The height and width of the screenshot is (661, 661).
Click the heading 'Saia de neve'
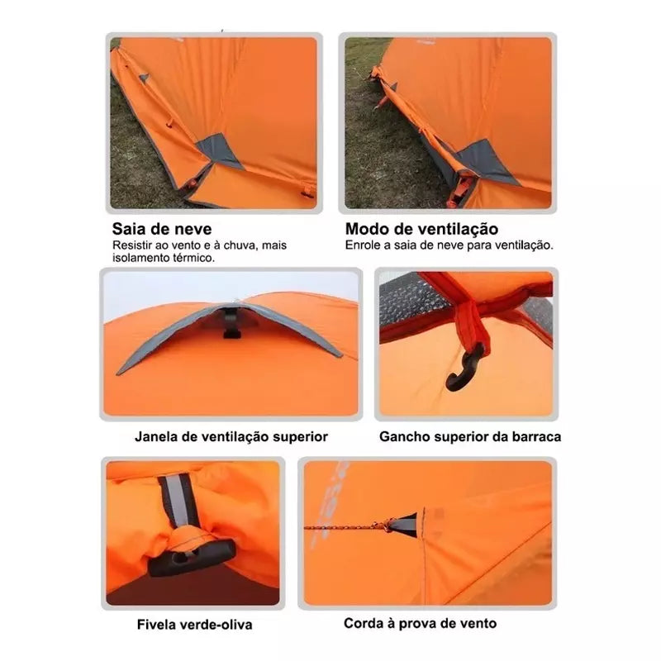point(162,229)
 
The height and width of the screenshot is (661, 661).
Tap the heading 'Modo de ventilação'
point(421,229)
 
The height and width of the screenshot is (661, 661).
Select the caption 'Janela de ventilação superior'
point(231,437)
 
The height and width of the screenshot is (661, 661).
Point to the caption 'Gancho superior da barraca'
point(470,437)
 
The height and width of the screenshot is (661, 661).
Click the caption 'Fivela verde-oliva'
point(194,625)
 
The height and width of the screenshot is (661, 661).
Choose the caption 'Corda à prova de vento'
point(420,623)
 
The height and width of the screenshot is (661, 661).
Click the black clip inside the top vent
point(231,323)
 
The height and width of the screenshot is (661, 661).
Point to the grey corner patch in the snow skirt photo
point(218,150)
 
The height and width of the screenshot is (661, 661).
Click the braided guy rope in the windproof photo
point(344,527)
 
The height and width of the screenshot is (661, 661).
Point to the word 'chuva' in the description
point(241,245)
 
